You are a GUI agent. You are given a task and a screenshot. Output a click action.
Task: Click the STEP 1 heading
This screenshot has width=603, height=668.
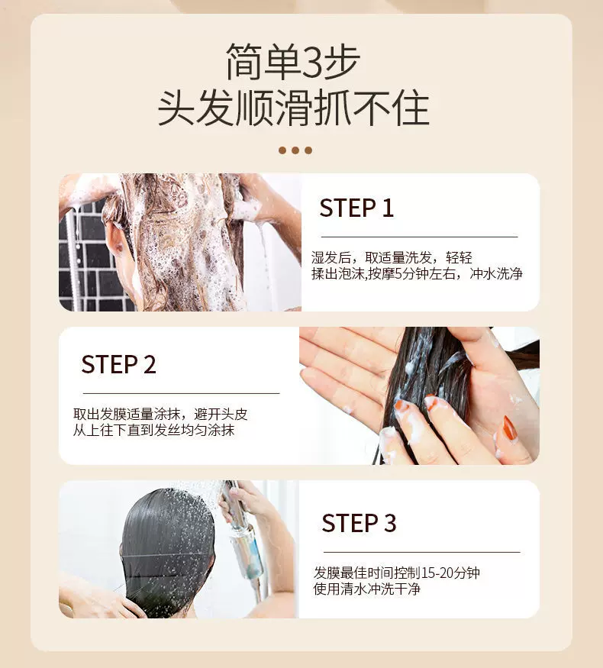(x=356, y=208)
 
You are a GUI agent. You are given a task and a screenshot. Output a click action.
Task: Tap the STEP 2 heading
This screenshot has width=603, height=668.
(x=118, y=365)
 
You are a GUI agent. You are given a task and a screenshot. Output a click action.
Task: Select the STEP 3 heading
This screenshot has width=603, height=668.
(x=359, y=523)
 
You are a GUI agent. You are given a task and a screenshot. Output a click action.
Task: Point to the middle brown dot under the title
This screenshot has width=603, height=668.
(x=295, y=150)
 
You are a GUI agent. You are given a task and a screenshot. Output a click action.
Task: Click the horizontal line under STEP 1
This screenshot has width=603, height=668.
(x=420, y=237)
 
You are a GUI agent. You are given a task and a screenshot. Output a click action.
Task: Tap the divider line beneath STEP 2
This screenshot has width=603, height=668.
(x=181, y=393)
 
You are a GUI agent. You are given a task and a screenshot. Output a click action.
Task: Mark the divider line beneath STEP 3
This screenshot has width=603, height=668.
(x=421, y=552)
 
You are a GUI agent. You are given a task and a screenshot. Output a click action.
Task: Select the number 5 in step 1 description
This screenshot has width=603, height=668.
(x=398, y=274)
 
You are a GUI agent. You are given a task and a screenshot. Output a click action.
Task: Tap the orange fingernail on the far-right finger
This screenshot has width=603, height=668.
(x=510, y=428)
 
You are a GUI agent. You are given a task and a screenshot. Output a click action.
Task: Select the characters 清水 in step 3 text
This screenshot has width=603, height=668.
(x=353, y=589)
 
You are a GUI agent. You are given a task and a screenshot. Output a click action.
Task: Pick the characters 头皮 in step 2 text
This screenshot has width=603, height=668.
(x=234, y=415)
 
